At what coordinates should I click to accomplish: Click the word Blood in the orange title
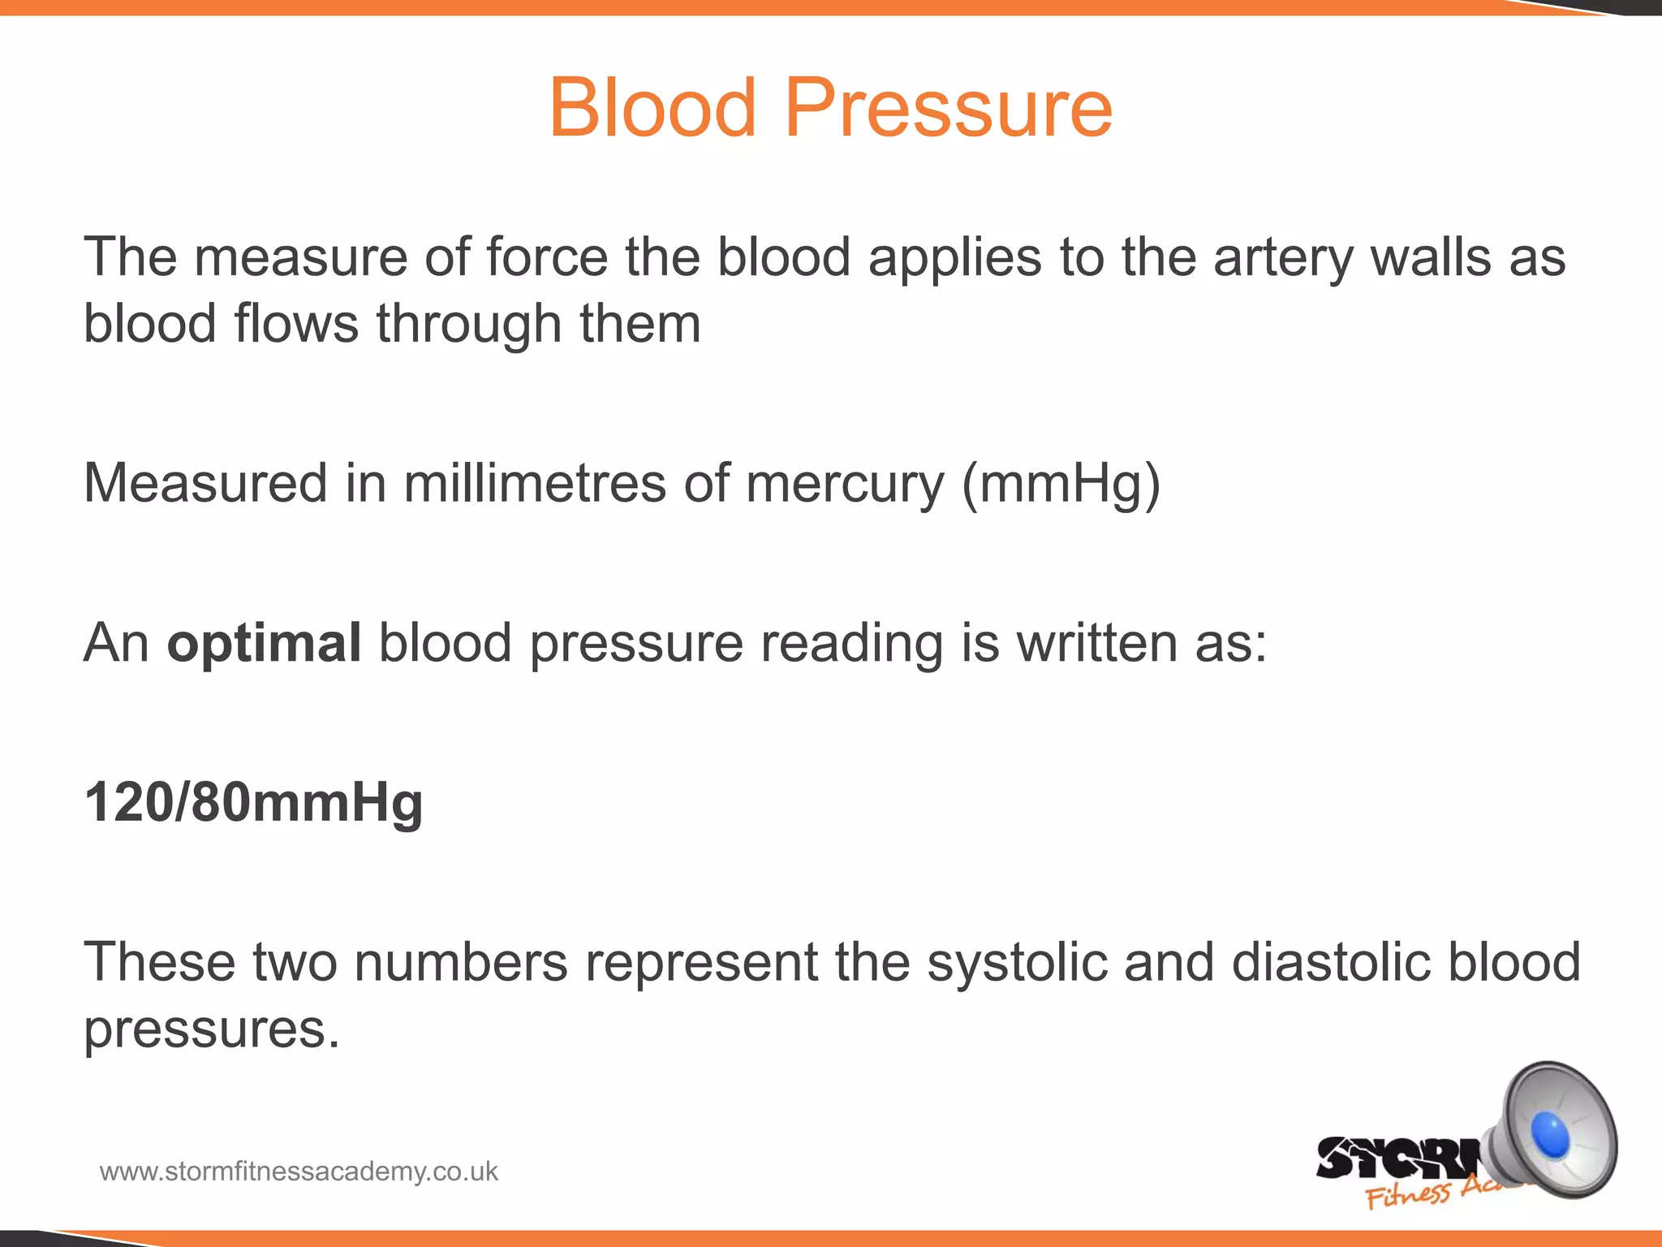pos(653,108)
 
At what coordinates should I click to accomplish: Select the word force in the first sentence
pos(547,258)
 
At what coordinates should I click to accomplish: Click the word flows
pos(296,325)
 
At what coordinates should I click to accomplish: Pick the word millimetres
pos(535,484)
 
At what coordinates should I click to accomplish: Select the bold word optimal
pos(264,644)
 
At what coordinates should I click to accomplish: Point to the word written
pos(1096,644)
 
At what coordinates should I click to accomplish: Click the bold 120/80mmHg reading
pos(253,803)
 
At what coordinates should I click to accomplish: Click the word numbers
pos(461,963)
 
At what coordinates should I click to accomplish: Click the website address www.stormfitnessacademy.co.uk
pos(299,1171)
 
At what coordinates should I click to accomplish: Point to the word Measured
pos(205,484)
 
